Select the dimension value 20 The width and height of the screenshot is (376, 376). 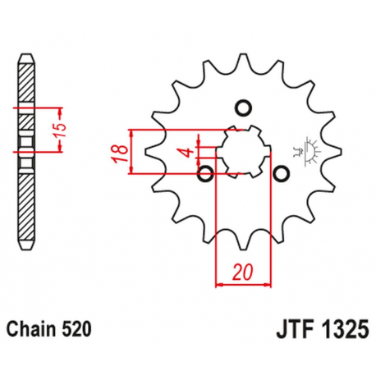(241, 272)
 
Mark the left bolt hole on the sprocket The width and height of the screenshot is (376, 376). (205, 173)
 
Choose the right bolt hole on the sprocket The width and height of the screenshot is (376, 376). (281, 173)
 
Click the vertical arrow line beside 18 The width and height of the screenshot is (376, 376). (131, 152)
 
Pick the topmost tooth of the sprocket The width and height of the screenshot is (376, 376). (243, 60)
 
